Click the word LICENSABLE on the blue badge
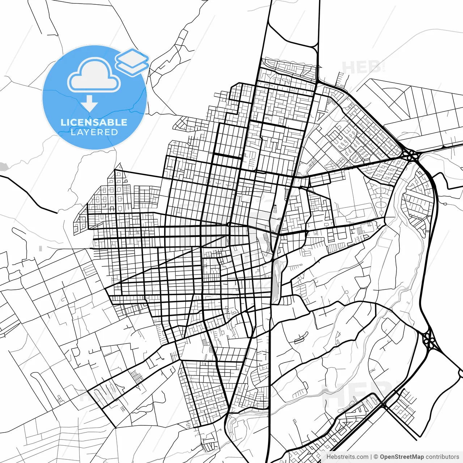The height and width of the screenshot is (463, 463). (94, 122)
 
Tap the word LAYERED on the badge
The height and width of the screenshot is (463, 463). (94, 132)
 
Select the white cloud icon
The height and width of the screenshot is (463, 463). (94, 75)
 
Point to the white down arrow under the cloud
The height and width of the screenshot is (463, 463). (89, 104)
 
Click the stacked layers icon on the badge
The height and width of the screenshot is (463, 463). (132, 62)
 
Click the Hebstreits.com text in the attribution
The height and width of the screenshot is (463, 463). (347, 457)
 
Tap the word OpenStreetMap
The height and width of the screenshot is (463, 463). (402, 457)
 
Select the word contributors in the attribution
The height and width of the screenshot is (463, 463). (442, 457)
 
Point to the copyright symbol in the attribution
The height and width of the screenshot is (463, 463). (376, 457)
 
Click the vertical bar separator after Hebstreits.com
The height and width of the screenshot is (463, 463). (371, 457)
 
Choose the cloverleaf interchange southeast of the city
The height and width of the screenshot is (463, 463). (430, 340)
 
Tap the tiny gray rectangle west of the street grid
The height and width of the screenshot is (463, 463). (41, 249)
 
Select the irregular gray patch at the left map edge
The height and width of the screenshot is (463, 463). (3, 167)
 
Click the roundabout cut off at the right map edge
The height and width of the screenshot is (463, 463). (461, 373)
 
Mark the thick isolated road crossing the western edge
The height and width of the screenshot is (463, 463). (29, 194)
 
